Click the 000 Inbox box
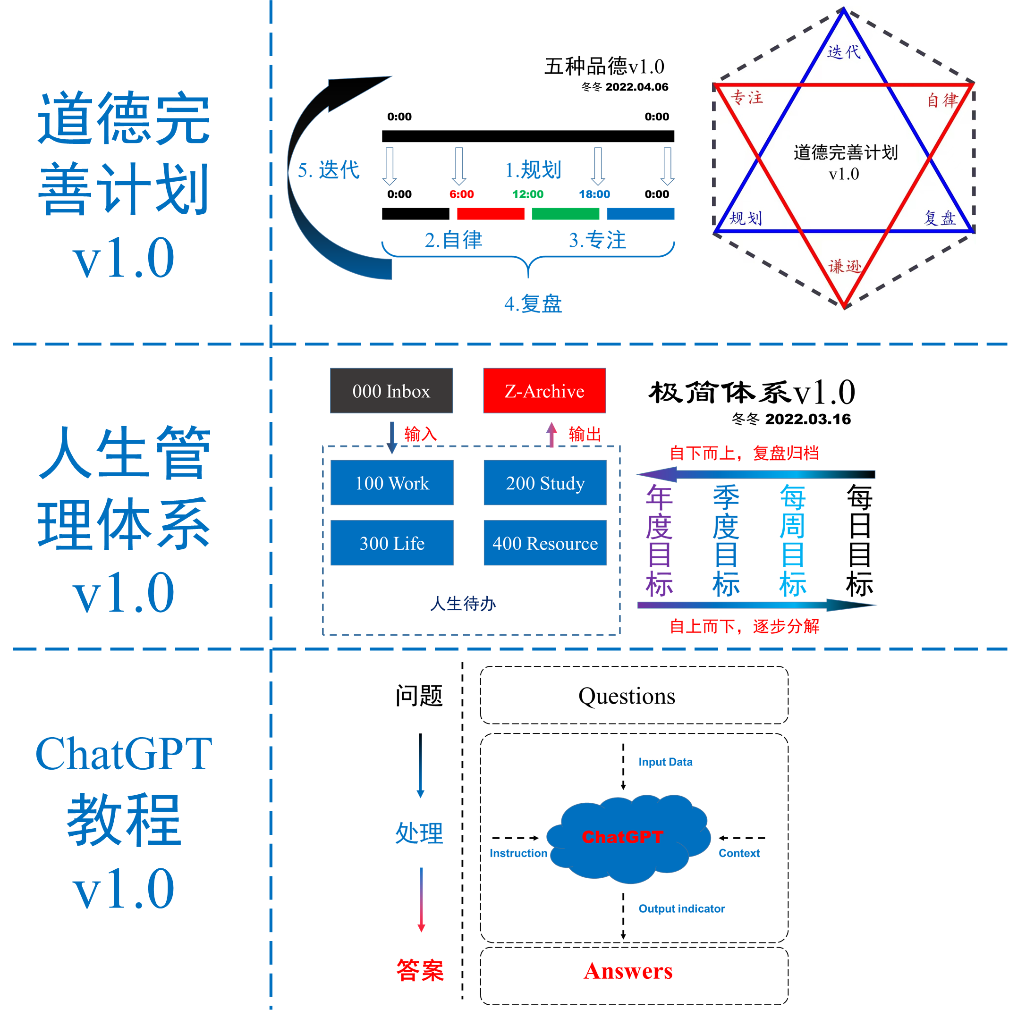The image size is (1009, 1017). (x=391, y=391)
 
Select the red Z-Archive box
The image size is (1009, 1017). (x=544, y=391)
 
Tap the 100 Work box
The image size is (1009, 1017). (x=392, y=483)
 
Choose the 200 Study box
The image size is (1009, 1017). (x=545, y=483)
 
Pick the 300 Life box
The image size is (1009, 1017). (x=392, y=543)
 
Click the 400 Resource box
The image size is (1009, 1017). (x=545, y=543)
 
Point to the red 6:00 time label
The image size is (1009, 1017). (x=461, y=194)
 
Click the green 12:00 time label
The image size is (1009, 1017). (x=528, y=194)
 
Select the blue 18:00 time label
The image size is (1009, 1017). (x=594, y=194)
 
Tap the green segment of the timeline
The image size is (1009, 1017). (x=566, y=214)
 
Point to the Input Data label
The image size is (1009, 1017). (x=665, y=762)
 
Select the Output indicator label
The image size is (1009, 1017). (x=681, y=908)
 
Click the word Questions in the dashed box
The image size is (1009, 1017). (x=627, y=696)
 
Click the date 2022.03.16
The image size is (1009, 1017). (x=808, y=419)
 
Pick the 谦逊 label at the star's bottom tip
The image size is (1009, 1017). (x=845, y=266)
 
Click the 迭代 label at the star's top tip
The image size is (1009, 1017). (x=844, y=51)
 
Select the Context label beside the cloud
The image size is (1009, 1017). (x=739, y=853)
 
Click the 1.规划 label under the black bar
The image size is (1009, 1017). (x=534, y=170)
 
